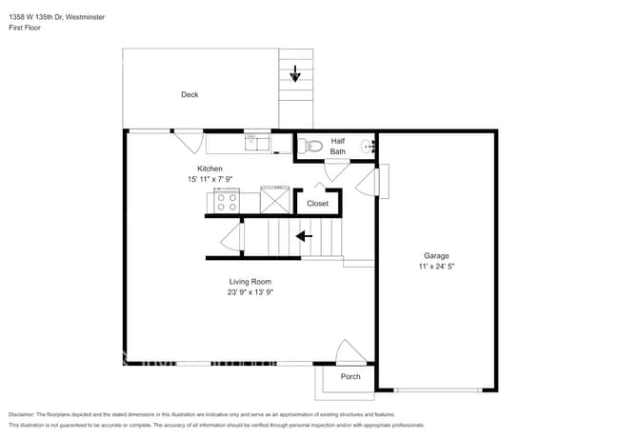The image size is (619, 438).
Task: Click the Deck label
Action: (190, 94)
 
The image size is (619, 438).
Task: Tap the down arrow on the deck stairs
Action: (295, 72)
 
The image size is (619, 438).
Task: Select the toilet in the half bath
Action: (307, 146)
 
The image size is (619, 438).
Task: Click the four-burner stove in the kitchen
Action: (227, 202)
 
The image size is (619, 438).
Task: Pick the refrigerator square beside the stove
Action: (276, 201)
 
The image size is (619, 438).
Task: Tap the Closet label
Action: (317, 203)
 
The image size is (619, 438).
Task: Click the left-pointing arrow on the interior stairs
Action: (305, 236)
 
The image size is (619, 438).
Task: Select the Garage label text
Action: (436, 255)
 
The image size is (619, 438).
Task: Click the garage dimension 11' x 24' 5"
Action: (436, 267)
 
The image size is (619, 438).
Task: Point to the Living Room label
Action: (250, 281)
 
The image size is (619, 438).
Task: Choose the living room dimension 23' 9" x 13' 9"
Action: (250, 292)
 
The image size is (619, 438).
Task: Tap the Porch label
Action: (350, 376)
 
